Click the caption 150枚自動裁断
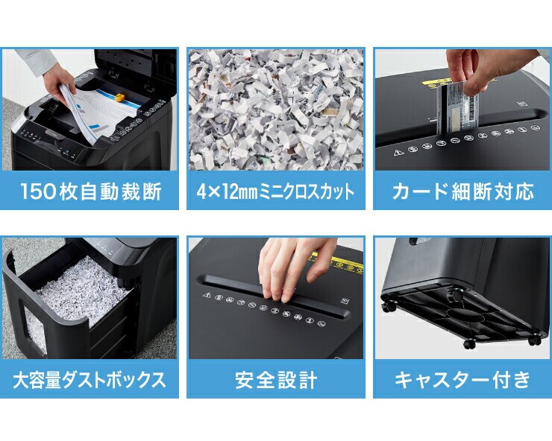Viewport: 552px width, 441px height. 91,191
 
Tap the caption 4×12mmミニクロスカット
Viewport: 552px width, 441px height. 276,191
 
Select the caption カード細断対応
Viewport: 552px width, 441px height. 462,191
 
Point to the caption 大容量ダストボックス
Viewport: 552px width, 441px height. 89,380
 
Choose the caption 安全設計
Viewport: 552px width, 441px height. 276,380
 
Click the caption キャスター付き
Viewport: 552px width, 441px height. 462,380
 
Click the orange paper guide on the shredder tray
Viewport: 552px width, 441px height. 120,97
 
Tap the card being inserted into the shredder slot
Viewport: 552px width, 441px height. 458,109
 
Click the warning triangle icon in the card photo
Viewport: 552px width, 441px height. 398,152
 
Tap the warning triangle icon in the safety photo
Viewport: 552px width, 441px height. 207,295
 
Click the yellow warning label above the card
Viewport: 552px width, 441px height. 436,82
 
